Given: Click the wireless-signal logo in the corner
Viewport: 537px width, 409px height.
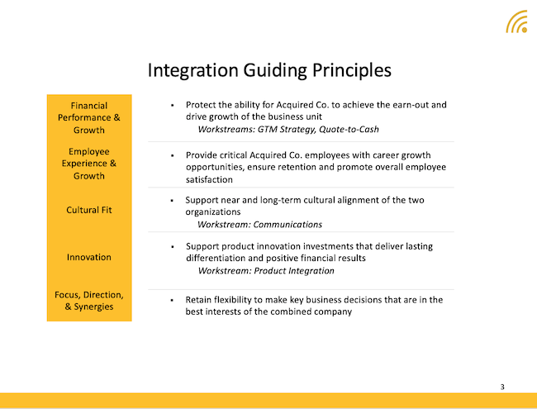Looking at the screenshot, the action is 516,22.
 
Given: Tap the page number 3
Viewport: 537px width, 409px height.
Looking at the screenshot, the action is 502,387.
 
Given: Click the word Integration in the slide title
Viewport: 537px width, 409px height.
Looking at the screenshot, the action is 192,70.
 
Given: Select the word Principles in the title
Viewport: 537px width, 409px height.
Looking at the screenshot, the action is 352,70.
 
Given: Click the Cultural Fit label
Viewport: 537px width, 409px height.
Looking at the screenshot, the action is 89,210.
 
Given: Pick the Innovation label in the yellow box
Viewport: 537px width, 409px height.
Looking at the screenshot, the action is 89,257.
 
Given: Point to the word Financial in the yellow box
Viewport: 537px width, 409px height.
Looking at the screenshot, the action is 89,106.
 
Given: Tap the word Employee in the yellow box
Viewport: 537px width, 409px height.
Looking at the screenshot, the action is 89,151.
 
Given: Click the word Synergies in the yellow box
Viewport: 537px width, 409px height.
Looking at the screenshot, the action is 93,307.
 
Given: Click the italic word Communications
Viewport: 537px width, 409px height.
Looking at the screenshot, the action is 288,225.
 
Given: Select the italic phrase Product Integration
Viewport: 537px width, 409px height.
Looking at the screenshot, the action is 294,271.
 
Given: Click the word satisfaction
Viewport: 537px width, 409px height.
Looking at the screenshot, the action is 209,179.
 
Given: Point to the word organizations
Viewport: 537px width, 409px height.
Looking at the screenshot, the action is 213,212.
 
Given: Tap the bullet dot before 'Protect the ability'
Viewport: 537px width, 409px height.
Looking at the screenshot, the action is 173,106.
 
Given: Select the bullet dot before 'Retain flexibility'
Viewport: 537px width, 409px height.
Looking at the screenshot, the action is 172,301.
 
